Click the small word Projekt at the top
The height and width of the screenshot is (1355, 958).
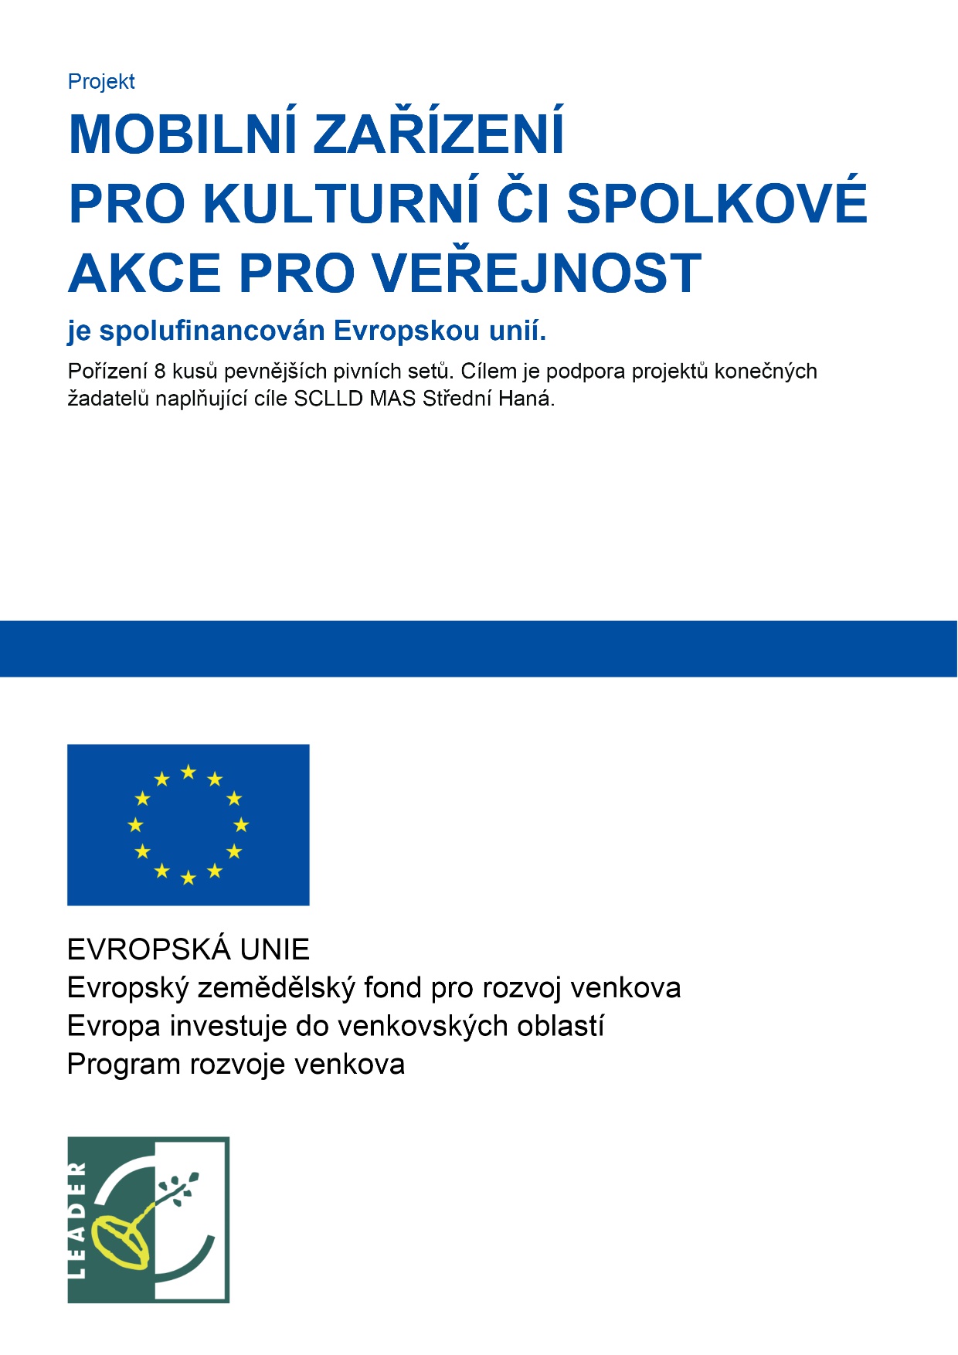coord(101,82)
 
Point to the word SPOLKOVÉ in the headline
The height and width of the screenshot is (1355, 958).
coord(717,204)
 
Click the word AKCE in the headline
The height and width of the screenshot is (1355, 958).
coord(145,273)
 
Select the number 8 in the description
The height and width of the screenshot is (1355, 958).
coord(160,372)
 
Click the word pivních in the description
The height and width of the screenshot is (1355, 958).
coord(362,372)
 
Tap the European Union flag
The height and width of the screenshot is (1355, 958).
coord(188,824)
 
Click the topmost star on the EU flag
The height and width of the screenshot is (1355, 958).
coord(188,772)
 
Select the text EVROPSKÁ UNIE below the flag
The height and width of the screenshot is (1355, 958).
coord(189,949)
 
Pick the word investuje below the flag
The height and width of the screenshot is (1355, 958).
coord(227,1026)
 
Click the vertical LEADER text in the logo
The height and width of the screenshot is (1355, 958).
coord(78,1220)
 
